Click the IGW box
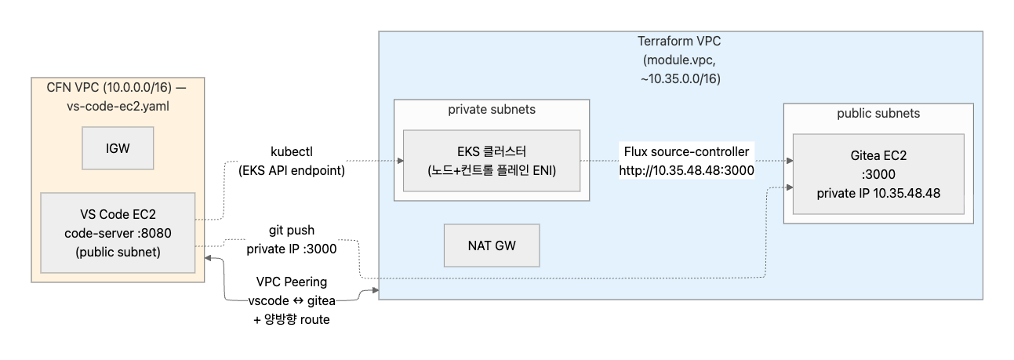tap(118, 148)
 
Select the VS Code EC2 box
tap(118, 233)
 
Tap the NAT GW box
tap(492, 245)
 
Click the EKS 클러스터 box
tap(492, 161)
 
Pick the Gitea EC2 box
tap(878, 173)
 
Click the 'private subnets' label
tap(492, 109)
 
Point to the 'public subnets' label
tap(878, 113)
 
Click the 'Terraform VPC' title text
tap(680, 42)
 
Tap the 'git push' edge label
tap(292, 231)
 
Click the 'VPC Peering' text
tap(292, 282)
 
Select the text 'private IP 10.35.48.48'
tap(878, 192)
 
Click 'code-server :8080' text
tap(118, 233)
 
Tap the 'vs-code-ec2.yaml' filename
tap(118, 104)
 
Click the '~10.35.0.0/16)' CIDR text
tap(680, 79)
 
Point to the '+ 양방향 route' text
tap(292, 319)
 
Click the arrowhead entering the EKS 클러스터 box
tap(399, 161)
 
